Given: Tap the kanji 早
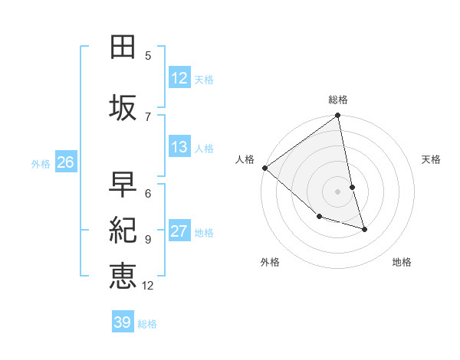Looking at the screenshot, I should point(123,184).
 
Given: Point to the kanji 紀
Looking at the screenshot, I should point(123,229).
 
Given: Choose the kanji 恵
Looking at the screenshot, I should point(123,275).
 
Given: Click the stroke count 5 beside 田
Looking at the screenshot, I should point(148,55).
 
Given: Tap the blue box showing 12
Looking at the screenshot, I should point(179,77).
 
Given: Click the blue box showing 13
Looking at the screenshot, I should point(179,147).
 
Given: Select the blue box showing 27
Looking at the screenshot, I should point(179,231).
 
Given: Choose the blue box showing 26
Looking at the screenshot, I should point(65,162).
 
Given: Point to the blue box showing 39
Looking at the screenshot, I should point(122,322).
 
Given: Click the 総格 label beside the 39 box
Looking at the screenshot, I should point(147,324).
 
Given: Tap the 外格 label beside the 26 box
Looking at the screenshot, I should point(41,163).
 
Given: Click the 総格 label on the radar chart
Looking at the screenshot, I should point(338,100).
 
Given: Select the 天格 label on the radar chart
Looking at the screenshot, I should point(431,159).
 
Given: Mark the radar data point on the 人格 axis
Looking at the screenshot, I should point(264,168).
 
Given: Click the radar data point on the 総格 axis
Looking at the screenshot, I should point(337,116).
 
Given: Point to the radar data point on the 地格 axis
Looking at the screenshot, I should point(364,229).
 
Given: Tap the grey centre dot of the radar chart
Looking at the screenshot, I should point(337,191).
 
